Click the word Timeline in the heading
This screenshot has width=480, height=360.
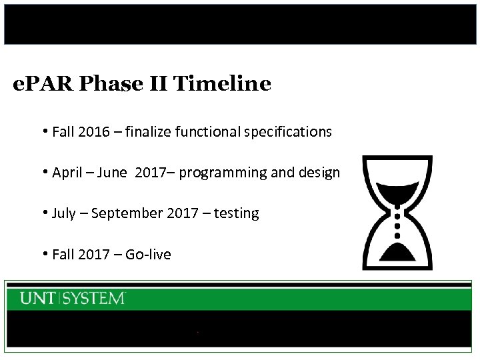pos(222,84)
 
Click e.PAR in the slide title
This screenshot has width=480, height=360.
pos(43,84)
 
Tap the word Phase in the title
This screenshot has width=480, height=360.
pos(112,84)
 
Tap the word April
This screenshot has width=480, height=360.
pos(67,173)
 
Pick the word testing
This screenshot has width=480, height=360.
pos(237,214)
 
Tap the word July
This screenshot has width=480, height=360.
pos(63,214)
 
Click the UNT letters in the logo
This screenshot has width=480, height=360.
pos(38,299)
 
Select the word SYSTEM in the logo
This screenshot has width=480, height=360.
pos(94,299)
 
